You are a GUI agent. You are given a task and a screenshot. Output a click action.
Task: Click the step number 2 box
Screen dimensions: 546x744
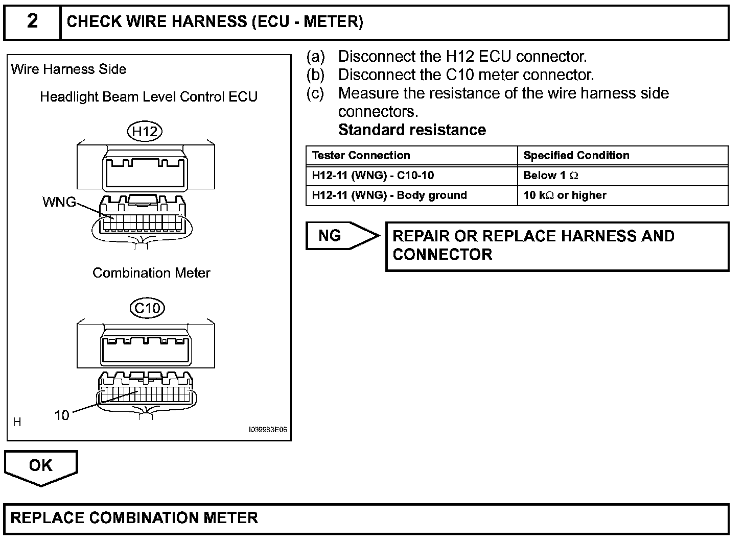(32, 22)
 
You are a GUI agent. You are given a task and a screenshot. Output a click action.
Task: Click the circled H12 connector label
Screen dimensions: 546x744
(145, 132)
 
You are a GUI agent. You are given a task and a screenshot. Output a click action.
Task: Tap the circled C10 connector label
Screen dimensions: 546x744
(147, 308)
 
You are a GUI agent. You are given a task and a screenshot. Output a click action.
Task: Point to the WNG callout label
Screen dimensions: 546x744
(59, 202)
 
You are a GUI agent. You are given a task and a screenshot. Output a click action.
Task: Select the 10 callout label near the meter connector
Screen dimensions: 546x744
(62, 415)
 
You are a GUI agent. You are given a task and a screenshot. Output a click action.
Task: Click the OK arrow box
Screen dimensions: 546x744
(41, 466)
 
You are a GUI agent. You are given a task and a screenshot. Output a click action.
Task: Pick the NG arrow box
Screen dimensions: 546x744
(341, 236)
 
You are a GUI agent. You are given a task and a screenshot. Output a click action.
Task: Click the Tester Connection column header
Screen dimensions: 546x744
(361, 156)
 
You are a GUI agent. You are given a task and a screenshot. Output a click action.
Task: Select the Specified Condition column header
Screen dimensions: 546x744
(576, 156)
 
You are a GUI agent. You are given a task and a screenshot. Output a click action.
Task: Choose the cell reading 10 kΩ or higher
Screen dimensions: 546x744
(565, 195)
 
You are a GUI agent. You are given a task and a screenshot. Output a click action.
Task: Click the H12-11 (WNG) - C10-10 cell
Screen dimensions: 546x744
(373, 176)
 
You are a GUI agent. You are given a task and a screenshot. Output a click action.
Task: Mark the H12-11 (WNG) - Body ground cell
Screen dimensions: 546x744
(389, 195)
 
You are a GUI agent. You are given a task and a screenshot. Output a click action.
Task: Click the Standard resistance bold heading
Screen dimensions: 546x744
(412, 130)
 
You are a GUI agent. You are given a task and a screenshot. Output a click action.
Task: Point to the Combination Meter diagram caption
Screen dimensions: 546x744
(151, 273)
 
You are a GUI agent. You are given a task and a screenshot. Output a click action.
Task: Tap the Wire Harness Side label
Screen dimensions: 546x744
(68, 69)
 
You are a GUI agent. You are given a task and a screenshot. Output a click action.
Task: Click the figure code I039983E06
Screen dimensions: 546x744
(268, 430)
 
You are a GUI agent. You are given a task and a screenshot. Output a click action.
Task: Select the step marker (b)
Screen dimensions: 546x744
(315, 75)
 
